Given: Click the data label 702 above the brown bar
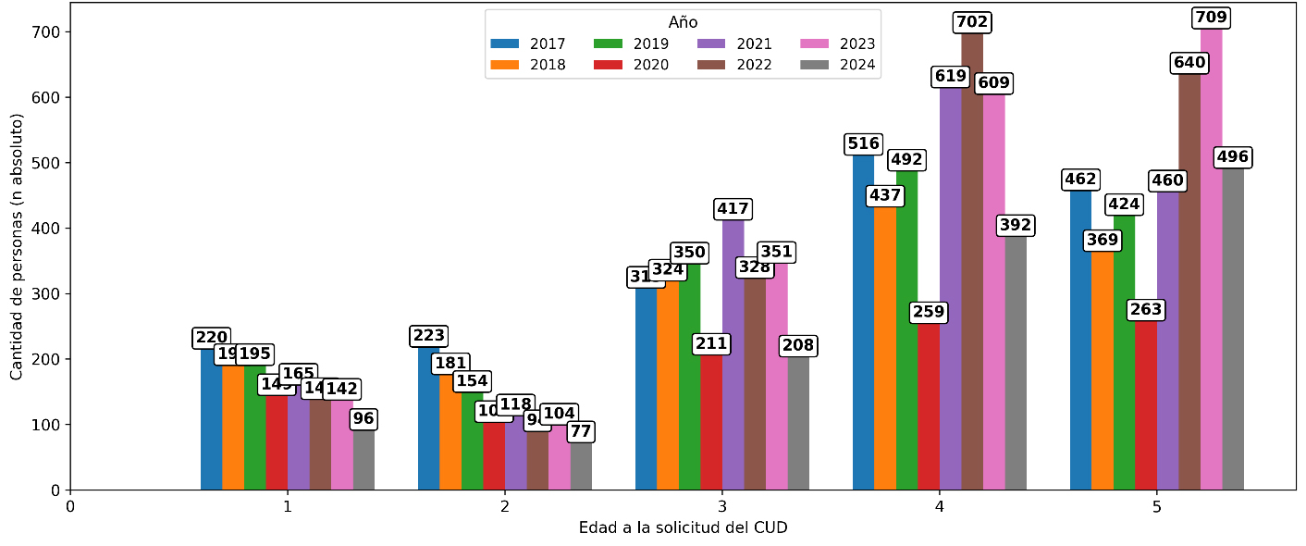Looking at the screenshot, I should click(972, 22).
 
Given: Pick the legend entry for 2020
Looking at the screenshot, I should click(637, 65).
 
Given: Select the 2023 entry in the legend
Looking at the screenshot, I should click(843, 43).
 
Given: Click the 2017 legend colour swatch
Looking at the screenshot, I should click(505, 43).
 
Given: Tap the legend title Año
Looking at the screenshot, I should click(683, 22).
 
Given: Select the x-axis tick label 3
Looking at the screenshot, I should click(722, 507).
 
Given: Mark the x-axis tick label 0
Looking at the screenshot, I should click(70, 507).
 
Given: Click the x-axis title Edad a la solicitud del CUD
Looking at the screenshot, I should click(683, 528).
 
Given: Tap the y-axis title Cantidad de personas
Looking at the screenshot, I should click(17, 246).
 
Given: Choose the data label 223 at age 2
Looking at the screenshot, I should click(428, 336).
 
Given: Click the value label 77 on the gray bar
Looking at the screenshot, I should click(581, 432).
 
